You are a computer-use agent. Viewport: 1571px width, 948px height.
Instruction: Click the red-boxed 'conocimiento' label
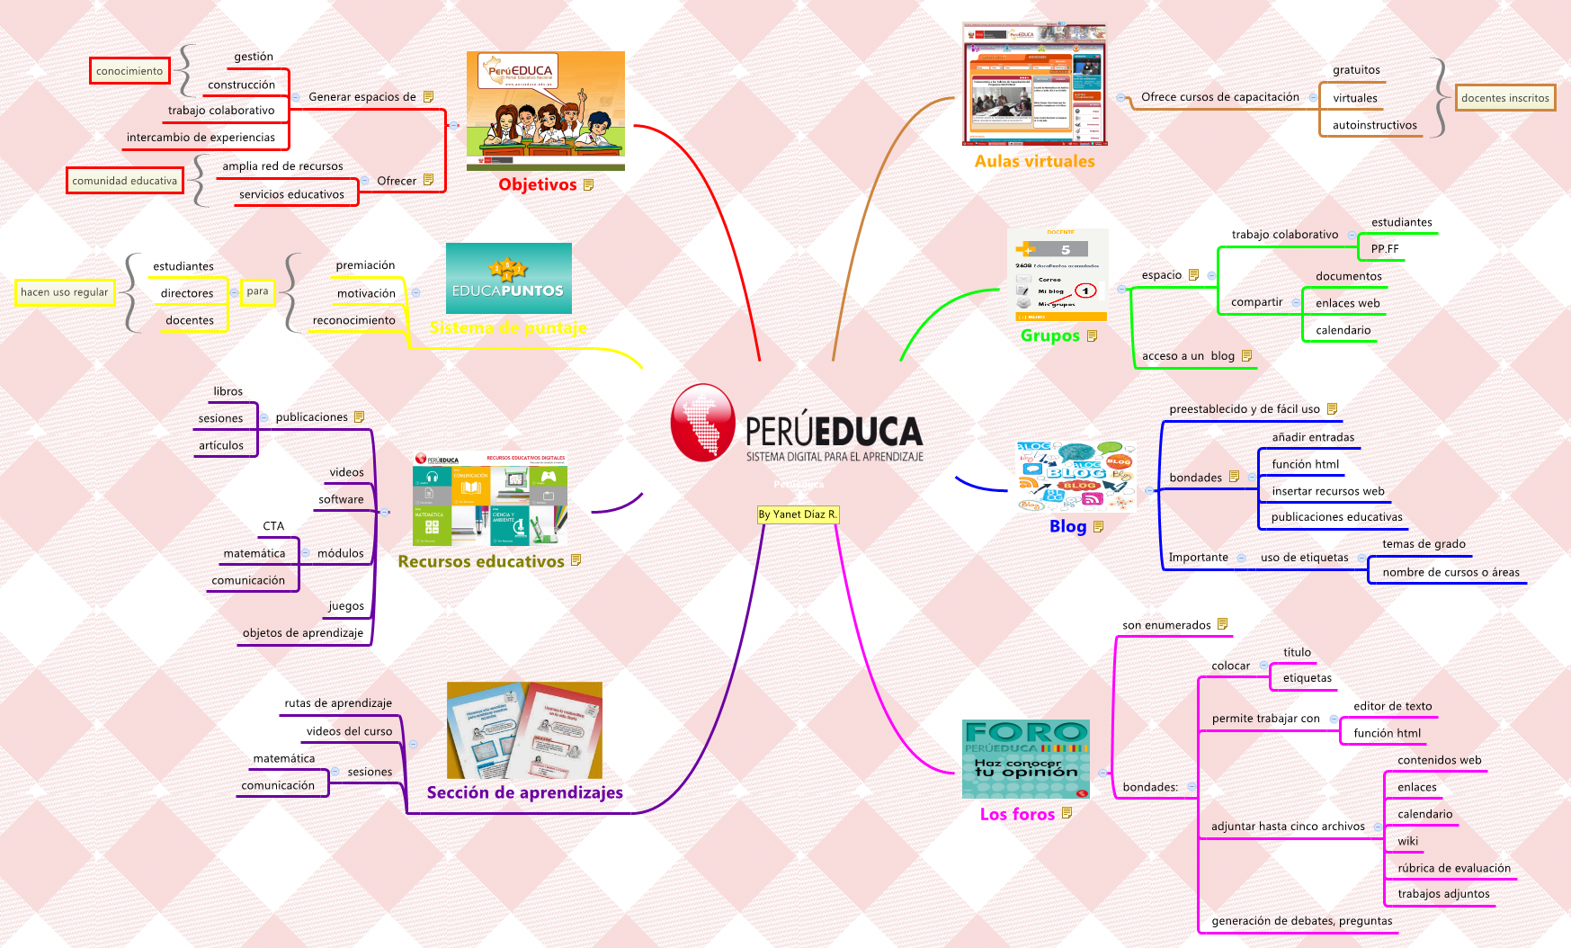pos(129,71)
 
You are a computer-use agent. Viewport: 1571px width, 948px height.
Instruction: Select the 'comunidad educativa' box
pos(125,181)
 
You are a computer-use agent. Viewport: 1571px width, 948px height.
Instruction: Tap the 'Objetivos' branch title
pos(538,184)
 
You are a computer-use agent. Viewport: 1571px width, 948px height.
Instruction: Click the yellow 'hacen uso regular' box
pos(65,292)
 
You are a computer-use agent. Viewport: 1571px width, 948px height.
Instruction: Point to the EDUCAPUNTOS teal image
pos(509,279)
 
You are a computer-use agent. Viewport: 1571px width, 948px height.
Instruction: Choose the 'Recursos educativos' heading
pos(481,561)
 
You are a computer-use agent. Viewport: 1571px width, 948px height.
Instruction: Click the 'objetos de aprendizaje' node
pos(303,633)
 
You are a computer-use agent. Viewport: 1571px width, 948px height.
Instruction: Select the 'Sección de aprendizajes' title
pos(524,792)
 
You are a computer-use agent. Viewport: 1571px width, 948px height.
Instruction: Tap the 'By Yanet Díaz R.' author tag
pos(798,514)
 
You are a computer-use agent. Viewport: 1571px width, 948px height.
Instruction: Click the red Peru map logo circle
pos(703,423)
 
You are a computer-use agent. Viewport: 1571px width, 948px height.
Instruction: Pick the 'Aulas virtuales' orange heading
pos(1034,162)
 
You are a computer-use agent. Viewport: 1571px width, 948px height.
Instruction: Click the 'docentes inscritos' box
pos(1504,98)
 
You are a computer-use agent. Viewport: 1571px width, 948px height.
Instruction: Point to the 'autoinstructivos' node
pos(1374,125)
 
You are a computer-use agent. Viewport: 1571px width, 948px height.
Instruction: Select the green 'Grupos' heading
pos(1049,335)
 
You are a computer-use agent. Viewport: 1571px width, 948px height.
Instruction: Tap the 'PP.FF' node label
pos(1385,249)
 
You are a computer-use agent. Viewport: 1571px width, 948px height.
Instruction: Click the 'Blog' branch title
pos(1067,526)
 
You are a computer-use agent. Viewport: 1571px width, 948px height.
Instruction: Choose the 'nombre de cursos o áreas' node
pos(1450,572)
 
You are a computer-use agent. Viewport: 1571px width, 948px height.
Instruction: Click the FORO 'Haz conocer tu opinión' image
pos(1026,758)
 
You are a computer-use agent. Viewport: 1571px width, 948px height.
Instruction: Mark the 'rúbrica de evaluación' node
pos(1454,868)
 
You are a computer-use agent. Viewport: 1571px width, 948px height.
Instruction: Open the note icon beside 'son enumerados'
pos(1223,624)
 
